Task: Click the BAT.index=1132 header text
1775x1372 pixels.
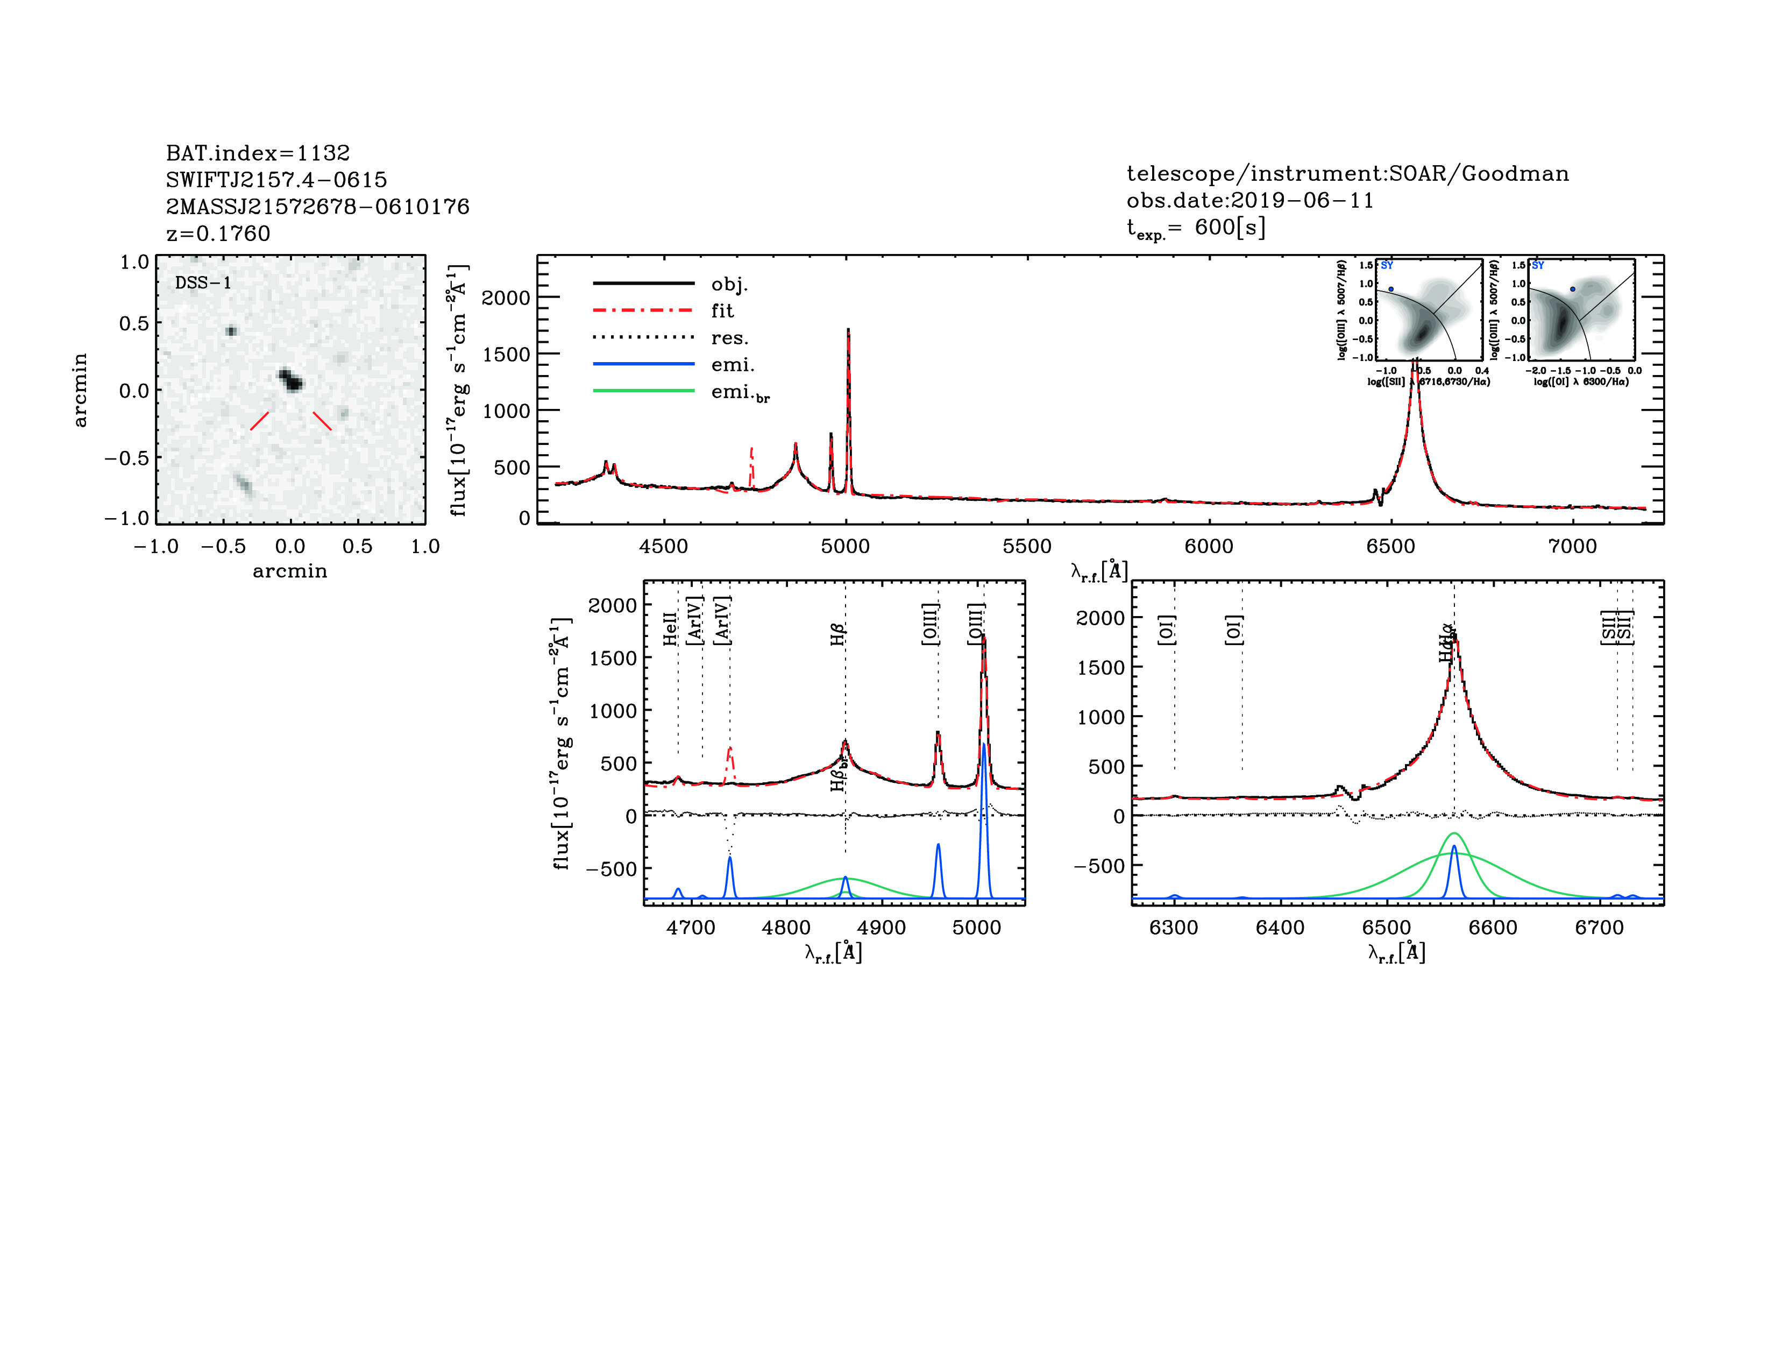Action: pyautogui.click(x=258, y=153)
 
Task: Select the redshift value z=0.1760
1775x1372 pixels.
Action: pyautogui.click(x=218, y=234)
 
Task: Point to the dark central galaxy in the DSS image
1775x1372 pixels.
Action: pyautogui.click(x=289, y=379)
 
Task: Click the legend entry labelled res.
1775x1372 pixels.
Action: pyautogui.click(x=729, y=338)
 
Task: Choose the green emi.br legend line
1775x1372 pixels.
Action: pyautogui.click(x=644, y=391)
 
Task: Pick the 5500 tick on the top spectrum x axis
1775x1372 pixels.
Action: pyautogui.click(x=1027, y=546)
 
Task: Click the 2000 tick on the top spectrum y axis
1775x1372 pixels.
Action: pyautogui.click(x=506, y=298)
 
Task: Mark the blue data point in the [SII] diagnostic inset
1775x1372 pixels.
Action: pyautogui.click(x=1390, y=288)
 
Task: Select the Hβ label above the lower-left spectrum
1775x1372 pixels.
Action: pyautogui.click(x=838, y=634)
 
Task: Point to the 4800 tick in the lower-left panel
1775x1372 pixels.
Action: pyautogui.click(x=786, y=928)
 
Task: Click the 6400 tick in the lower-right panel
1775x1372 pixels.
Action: pyautogui.click(x=1280, y=928)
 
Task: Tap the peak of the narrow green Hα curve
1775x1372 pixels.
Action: pyautogui.click(x=1454, y=834)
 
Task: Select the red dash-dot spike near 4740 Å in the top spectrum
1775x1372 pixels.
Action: pyautogui.click(x=752, y=449)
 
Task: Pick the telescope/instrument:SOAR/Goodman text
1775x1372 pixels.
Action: pyautogui.click(x=1347, y=173)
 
